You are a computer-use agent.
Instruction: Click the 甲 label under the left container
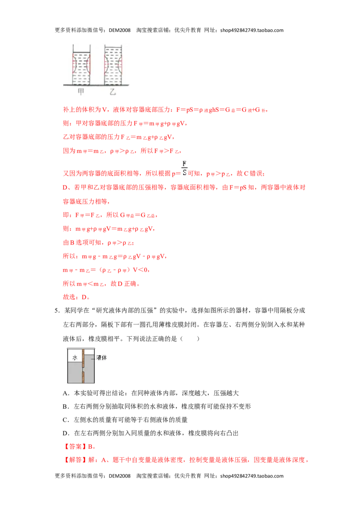click(81, 92)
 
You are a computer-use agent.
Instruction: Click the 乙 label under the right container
click(113, 92)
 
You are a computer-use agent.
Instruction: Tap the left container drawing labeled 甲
click(81, 65)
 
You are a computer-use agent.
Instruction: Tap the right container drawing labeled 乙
click(113, 65)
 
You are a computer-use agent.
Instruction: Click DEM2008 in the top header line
click(120, 30)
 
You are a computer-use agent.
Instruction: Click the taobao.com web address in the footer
click(252, 476)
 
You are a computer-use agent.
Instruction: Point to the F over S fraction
click(184, 168)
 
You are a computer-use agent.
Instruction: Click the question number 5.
click(57, 311)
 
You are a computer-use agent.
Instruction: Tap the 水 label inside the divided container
click(75, 357)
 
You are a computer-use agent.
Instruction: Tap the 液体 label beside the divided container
click(102, 357)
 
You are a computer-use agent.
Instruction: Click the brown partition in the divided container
click(83, 366)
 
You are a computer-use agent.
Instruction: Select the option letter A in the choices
click(66, 393)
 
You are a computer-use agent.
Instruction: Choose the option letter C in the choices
click(66, 420)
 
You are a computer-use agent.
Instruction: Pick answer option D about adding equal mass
click(150, 433)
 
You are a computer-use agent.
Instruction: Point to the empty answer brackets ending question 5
click(189, 339)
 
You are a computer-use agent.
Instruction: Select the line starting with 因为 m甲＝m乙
click(122, 151)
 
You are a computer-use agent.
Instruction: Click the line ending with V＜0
click(106, 270)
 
